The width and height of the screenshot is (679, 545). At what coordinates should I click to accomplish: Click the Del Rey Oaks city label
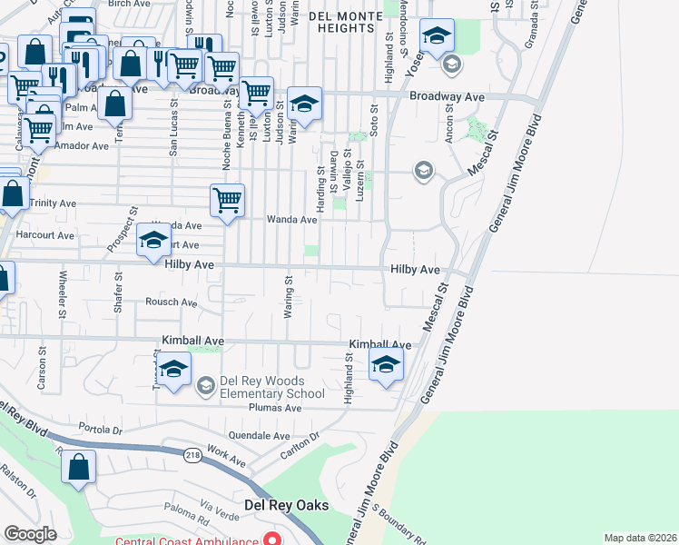pyautogui.click(x=286, y=506)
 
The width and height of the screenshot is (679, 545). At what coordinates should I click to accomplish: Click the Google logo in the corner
pyautogui.click(x=30, y=534)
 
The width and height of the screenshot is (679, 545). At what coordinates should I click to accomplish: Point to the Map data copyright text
pyautogui.click(x=641, y=538)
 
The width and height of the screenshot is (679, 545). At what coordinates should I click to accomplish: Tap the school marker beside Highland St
pyautogui.click(x=386, y=366)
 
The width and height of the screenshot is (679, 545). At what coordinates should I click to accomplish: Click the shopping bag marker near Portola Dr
pyautogui.click(x=79, y=467)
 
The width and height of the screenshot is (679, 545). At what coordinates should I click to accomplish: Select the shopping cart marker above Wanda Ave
pyautogui.click(x=227, y=199)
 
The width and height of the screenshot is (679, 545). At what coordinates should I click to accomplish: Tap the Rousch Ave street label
pyautogui.click(x=171, y=302)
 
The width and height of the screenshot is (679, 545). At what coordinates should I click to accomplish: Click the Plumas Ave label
pyautogui.click(x=280, y=409)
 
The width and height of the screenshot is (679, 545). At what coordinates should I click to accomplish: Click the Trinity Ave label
pyautogui.click(x=52, y=203)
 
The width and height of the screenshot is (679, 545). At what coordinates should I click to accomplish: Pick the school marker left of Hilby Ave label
pyautogui.click(x=153, y=241)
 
